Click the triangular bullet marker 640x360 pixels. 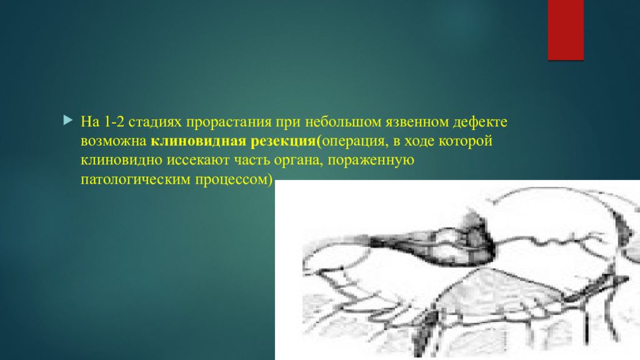click(68, 120)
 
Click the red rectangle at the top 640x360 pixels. click(566, 30)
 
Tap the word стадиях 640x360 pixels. click(155, 122)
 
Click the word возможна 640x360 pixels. click(114, 141)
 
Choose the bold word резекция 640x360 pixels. click(283, 141)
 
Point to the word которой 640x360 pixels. click(465, 141)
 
